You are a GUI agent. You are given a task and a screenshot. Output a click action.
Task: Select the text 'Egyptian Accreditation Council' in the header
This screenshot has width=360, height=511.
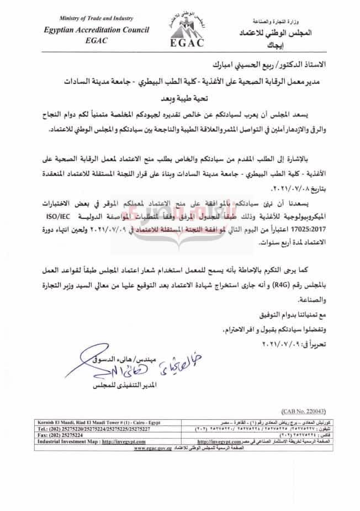[x=68, y=31]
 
